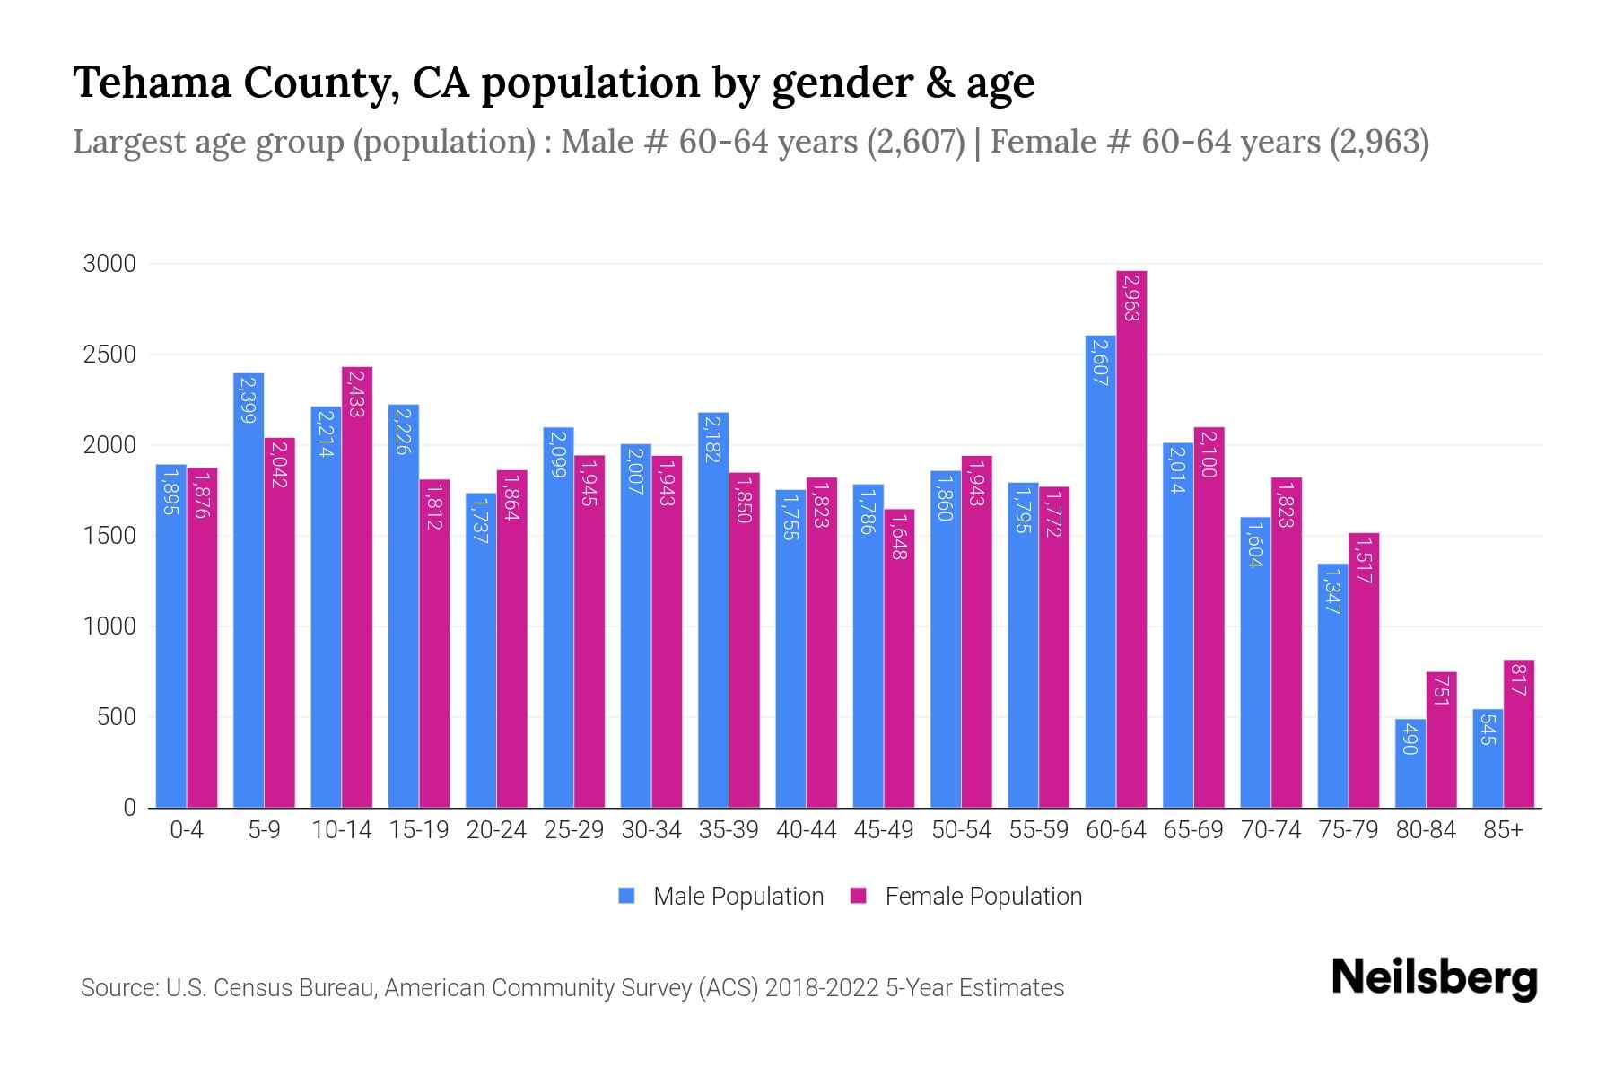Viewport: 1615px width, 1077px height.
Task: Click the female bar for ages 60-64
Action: [x=1131, y=538]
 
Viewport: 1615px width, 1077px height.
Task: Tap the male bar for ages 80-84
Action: [x=1410, y=763]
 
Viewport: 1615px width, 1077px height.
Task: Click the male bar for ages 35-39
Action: [x=713, y=610]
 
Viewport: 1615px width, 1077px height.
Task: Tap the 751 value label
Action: [x=1441, y=692]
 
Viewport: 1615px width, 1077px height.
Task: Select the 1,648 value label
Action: [x=899, y=537]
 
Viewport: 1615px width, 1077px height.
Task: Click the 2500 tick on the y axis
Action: [x=109, y=355]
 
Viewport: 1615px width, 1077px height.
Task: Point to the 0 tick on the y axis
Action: [x=129, y=808]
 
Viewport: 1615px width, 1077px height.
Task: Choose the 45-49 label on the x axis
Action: [x=884, y=830]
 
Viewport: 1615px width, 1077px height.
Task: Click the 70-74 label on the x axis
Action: [x=1270, y=830]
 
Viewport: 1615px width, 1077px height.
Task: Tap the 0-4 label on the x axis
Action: [x=187, y=830]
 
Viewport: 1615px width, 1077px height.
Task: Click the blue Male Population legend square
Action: [x=626, y=896]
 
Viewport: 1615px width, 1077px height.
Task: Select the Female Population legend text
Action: [x=983, y=896]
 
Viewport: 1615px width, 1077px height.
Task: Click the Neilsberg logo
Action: [x=1434, y=978]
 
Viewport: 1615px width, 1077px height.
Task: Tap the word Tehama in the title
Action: [x=151, y=83]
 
